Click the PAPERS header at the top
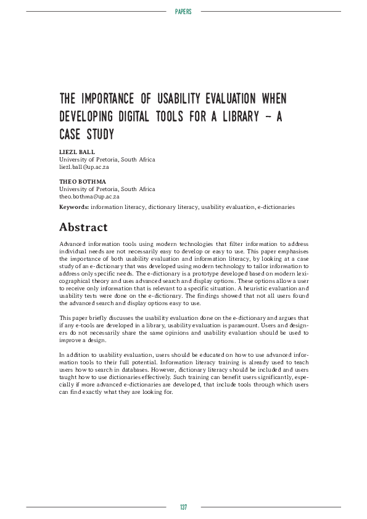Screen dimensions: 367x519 click(183, 12)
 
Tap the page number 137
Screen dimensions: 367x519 click(183, 507)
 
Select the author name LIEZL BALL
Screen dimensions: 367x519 click(77, 152)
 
